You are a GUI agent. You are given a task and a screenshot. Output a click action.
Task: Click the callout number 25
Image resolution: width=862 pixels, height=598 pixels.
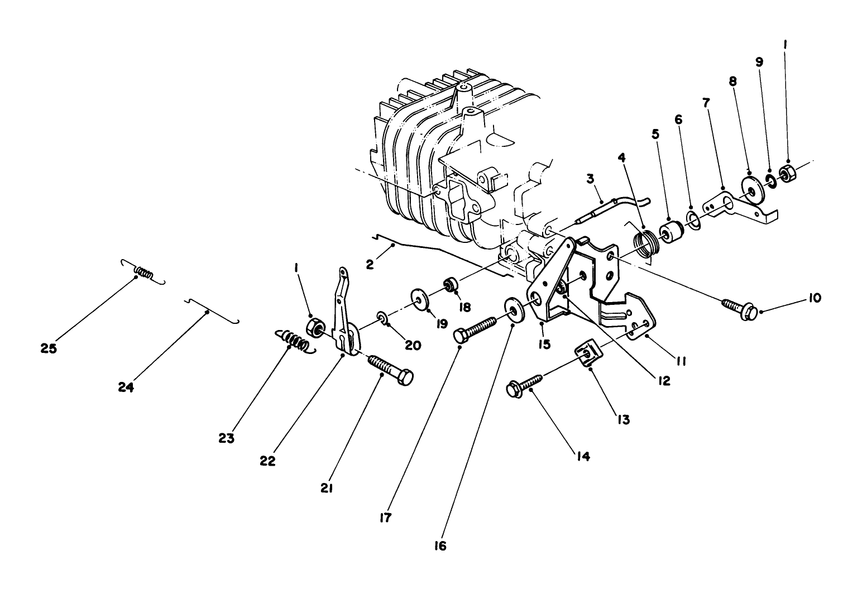(49, 348)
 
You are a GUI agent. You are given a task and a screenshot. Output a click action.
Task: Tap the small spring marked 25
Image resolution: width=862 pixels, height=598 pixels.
(143, 274)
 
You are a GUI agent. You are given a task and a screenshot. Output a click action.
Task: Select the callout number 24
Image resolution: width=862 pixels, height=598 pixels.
(126, 387)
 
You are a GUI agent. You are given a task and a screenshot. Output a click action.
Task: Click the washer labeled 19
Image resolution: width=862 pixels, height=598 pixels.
(419, 298)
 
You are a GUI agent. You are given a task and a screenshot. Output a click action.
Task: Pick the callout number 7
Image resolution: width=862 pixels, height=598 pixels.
(707, 103)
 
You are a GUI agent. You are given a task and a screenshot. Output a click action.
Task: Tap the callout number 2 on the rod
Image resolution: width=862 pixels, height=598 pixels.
(370, 265)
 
